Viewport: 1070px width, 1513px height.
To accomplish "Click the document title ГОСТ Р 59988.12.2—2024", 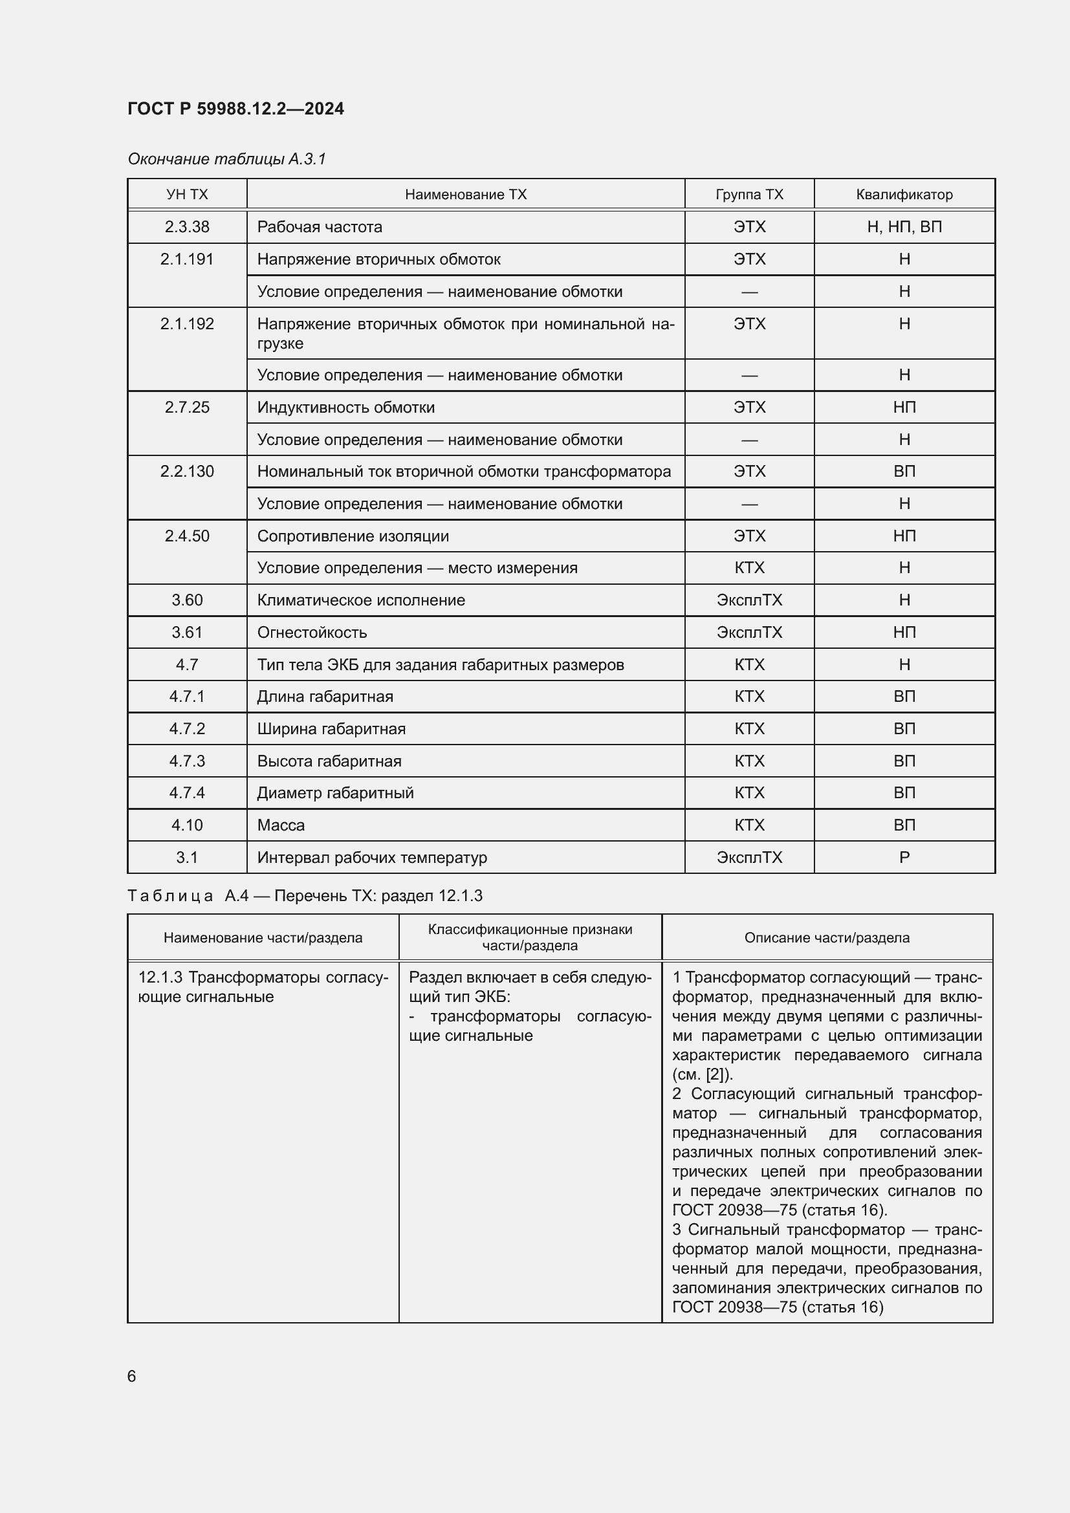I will click(x=235, y=109).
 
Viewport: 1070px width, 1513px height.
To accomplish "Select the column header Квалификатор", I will click(x=904, y=195).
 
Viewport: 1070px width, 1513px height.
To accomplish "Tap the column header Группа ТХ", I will click(x=749, y=195).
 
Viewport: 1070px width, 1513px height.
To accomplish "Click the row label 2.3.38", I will click(x=187, y=226).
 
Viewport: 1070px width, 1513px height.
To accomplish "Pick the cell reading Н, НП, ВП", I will click(x=904, y=226).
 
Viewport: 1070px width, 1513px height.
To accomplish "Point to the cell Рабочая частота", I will click(x=320, y=226).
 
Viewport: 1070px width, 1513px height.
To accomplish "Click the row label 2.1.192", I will click(x=187, y=324).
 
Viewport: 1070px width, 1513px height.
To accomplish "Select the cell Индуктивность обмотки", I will click(x=346, y=408).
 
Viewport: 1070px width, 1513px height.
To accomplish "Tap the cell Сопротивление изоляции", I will click(x=353, y=536).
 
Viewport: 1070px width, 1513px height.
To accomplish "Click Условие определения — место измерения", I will click(x=417, y=568).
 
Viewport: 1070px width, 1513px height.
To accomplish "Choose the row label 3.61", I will click(x=187, y=633).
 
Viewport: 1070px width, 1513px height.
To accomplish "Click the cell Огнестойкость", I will click(x=312, y=633).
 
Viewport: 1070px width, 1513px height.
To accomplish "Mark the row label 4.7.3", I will click(x=187, y=761).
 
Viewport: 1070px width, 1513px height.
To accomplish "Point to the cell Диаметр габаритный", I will click(x=335, y=793).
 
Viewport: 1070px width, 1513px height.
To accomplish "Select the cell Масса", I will click(x=281, y=825).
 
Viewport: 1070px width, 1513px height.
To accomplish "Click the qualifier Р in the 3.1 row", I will click(x=904, y=857).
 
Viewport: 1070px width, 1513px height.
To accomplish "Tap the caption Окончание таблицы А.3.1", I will click(x=226, y=159).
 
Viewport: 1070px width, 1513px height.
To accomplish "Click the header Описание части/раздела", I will click(x=826, y=938).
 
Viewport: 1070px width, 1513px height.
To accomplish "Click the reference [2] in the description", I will click(x=717, y=1074).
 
